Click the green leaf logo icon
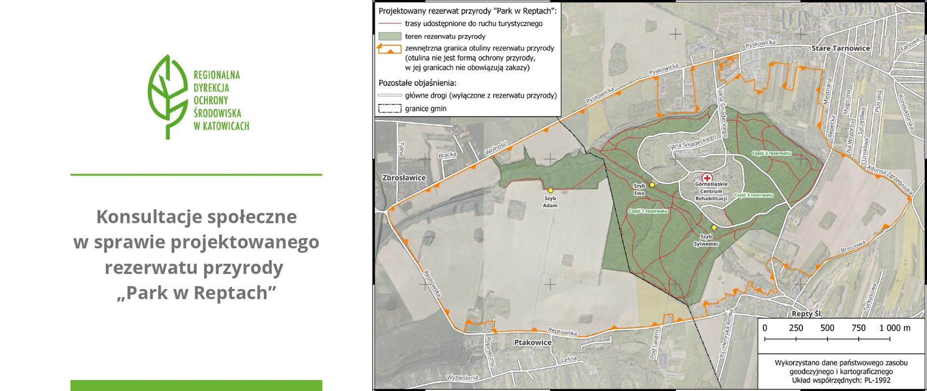click(x=167, y=97)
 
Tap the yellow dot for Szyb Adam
click(x=550, y=191)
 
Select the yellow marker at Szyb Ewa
click(x=652, y=185)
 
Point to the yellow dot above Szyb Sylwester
click(x=714, y=227)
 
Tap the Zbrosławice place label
click(x=404, y=178)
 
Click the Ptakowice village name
click(x=530, y=342)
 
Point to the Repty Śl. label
click(x=807, y=314)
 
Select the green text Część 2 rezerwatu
click(x=771, y=153)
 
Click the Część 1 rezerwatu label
click(x=648, y=211)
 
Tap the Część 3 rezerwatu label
click(x=753, y=195)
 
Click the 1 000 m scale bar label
click(x=895, y=328)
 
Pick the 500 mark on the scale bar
click(x=827, y=328)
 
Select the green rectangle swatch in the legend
click(x=390, y=36)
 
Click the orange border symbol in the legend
click(x=390, y=49)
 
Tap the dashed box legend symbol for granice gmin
click(x=390, y=109)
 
